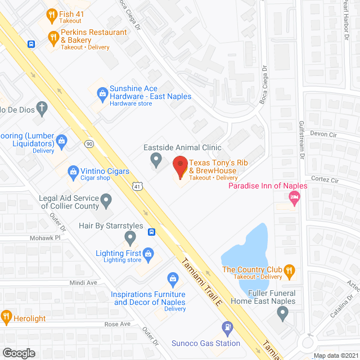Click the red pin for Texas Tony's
click(180, 166)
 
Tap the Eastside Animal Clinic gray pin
click(156, 161)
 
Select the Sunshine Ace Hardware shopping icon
click(102, 92)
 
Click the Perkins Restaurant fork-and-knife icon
click(53, 38)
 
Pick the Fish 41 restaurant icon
click(51, 14)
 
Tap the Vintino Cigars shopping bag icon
click(73, 171)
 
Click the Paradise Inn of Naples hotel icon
click(293, 197)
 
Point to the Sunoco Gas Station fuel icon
click(227, 326)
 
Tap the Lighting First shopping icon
click(148, 254)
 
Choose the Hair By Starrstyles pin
click(130, 239)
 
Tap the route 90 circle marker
click(89, 143)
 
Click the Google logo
click(19, 353)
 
